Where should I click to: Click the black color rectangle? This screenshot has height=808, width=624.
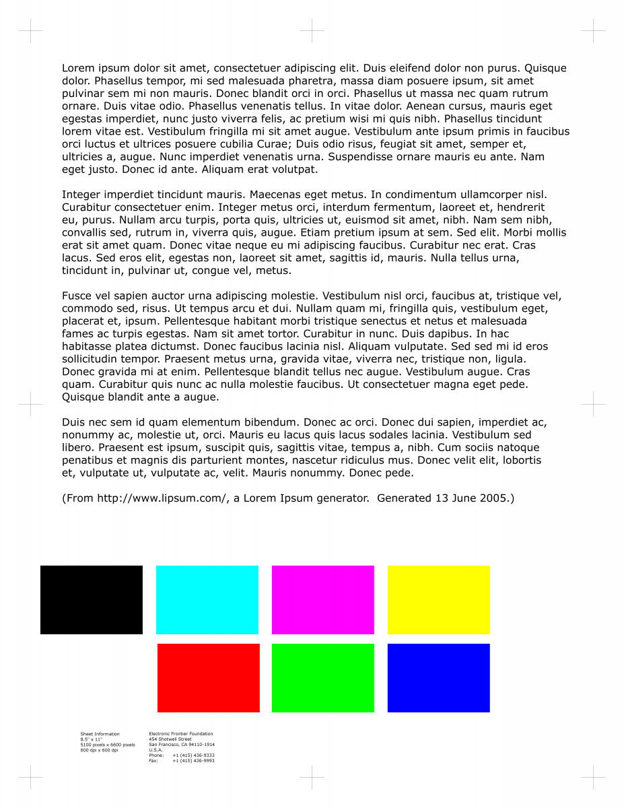click(x=92, y=600)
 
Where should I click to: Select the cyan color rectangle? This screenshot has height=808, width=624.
click(x=207, y=600)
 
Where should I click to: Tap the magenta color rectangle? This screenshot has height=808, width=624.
click(x=323, y=600)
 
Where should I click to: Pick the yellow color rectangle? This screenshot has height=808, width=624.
click(x=439, y=600)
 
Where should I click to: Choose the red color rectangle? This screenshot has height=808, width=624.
click(x=209, y=678)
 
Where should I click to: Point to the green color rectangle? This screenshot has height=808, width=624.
click(x=323, y=678)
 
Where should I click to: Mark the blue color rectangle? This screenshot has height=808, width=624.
click(x=439, y=678)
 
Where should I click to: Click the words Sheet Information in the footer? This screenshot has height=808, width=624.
click(x=100, y=734)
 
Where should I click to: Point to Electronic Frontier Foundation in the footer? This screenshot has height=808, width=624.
click(x=180, y=734)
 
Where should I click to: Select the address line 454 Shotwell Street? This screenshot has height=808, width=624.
click(x=170, y=739)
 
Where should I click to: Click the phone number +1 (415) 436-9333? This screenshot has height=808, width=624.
click(x=193, y=755)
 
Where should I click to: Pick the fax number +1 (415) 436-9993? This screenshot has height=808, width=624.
click(x=193, y=761)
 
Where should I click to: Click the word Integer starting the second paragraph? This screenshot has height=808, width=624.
click(x=81, y=194)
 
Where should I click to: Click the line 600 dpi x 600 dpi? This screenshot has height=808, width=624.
click(x=99, y=750)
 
